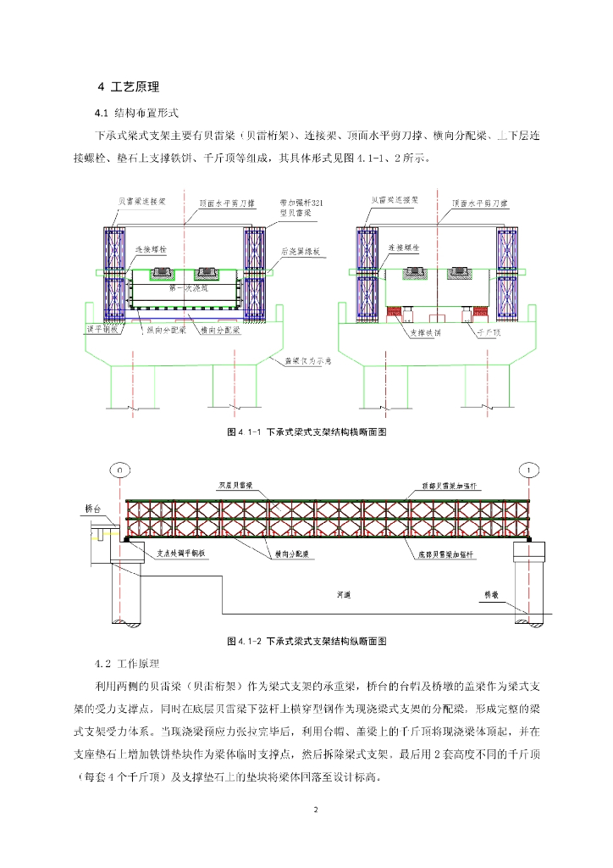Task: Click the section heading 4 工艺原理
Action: [x=129, y=86]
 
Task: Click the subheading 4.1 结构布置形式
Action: [x=136, y=113]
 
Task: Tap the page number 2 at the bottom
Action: [x=315, y=810]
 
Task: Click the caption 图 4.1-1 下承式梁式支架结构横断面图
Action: [x=306, y=432]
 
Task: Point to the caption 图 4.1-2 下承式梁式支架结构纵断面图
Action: [x=306, y=642]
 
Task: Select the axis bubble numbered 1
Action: [x=529, y=469]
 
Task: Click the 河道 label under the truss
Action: [x=343, y=596]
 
